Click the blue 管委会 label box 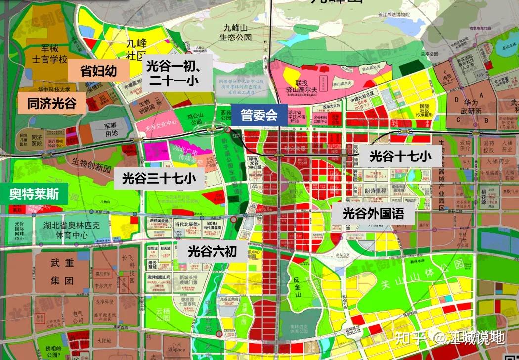pos(259,116)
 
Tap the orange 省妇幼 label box pos(98,71)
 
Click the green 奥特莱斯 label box pos(34,194)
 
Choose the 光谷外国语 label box pos(373,214)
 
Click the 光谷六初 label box pos(212,251)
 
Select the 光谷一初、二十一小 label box pos(173,73)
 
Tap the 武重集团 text pos(62,273)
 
